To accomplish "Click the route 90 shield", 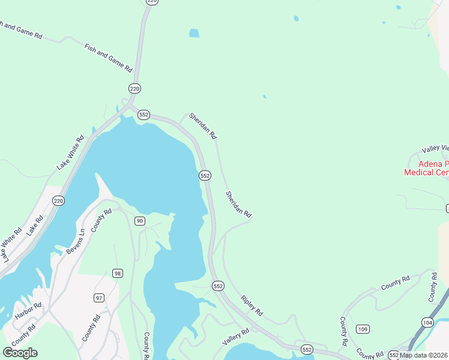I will (x=139, y=221).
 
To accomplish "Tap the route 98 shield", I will (x=117, y=274).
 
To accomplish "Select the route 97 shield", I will (x=99, y=298).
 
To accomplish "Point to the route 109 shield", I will (x=363, y=329).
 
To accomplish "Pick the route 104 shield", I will (x=427, y=323).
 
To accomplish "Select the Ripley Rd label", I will (x=252, y=305).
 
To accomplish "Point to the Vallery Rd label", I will (x=235, y=337).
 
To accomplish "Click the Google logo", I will (x=20, y=353).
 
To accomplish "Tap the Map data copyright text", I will (x=424, y=355).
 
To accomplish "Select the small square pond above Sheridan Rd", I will (x=194, y=34).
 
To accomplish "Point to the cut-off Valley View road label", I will (x=435, y=149).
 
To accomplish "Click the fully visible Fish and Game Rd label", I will (x=108, y=58).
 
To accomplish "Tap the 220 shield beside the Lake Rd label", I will (x=58, y=200).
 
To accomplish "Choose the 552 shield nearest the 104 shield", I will (x=394, y=355).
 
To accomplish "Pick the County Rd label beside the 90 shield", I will (x=102, y=220).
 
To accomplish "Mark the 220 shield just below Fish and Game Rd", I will (x=134, y=89).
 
